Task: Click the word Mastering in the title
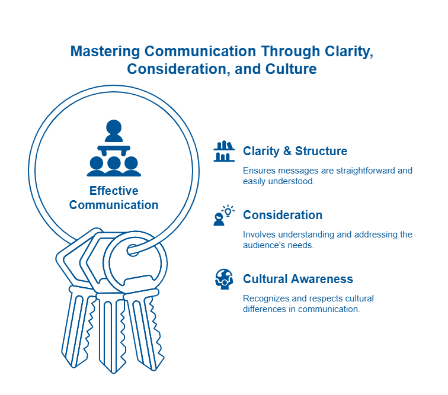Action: pos(105,52)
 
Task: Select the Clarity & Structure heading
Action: pos(295,151)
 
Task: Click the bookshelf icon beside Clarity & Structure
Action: pos(224,151)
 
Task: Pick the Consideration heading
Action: pos(283,215)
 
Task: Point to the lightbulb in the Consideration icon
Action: pos(228,211)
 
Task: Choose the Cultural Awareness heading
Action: pos(298,279)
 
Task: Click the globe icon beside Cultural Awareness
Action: pos(224,279)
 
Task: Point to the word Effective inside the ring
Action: pos(114,191)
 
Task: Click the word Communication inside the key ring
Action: pos(114,205)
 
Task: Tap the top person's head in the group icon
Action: pos(114,127)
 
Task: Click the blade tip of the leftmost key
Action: pos(73,367)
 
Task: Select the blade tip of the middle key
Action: pos(113,372)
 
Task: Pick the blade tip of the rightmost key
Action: pos(154,370)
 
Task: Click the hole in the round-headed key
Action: pos(133,251)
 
